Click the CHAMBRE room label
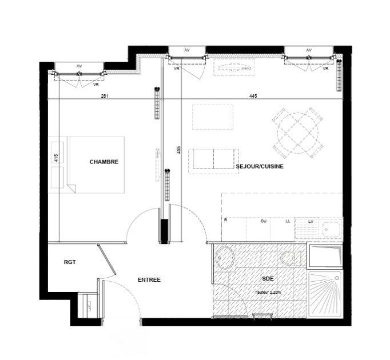[x=104, y=162]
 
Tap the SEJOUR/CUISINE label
[x=260, y=166]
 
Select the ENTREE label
[x=149, y=280]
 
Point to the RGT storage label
[x=70, y=263]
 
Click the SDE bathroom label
[x=267, y=279]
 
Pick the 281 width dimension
[x=104, y=96]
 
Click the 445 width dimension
[x=253, y=96]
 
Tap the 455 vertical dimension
[x=179, y=150]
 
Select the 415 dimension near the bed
[x=56, y=158]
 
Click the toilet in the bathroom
[x=292, y=258]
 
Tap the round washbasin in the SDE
[x=225, y=258]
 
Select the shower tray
[x=324, y=294]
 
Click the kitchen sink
[x=331, y=229]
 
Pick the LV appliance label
[x=311, y=221]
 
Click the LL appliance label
[x=286, y=221]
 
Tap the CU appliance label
[x=264, y=221]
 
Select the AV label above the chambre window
[x=79, y=66]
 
